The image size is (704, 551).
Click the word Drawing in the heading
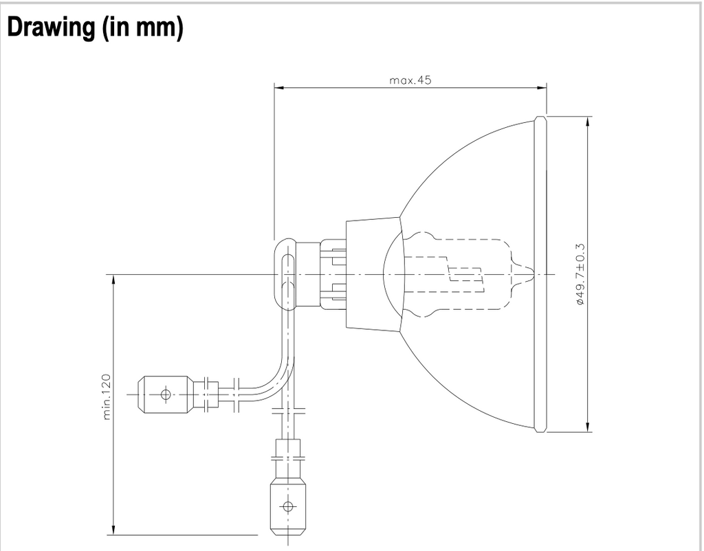(51, 27)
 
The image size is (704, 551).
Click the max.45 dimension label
(410, 80)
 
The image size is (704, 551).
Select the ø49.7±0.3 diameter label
(580, 275)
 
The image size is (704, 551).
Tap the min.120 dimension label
(107, 396)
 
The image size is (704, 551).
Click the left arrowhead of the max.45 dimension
(279, 88)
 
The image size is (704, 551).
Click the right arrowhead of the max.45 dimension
(542, 88)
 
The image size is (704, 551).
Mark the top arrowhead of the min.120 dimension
(113, 280)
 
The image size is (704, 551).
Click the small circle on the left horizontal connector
(166, 394)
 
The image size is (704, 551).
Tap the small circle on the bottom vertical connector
(288, 507)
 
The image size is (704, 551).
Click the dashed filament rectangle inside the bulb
(465, 274)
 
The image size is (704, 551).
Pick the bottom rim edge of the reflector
(540, 429)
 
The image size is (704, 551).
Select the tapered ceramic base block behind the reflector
(373, 274)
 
